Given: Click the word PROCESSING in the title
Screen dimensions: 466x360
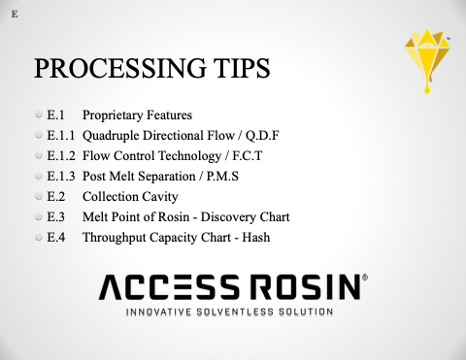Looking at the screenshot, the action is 120,68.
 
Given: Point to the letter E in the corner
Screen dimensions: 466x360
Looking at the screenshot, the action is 15,15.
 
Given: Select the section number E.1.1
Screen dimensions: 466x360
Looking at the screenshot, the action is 61,136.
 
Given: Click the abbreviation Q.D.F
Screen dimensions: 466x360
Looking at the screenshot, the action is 262,136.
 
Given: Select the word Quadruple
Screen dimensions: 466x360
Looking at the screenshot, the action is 111,136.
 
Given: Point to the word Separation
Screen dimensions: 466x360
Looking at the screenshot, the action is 166,177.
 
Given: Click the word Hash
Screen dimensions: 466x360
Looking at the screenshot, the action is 256,238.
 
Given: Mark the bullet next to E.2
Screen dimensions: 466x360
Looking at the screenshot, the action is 39,196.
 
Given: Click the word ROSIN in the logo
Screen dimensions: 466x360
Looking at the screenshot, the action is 306,287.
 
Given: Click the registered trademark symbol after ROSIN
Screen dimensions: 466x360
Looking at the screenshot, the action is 365,278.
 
